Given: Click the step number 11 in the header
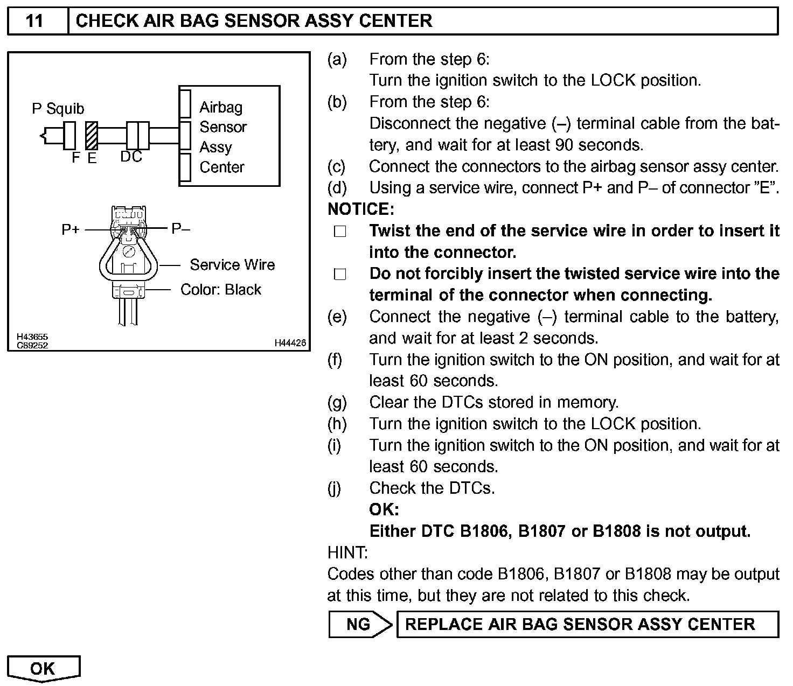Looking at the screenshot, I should click(34, 21).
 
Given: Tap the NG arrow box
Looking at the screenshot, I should click(359, 624).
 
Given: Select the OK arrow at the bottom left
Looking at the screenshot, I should click(43, 668).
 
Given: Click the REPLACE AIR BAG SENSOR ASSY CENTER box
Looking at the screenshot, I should click(587, 624).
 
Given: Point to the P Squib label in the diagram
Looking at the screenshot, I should click(58, 109).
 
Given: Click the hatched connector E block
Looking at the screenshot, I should click(92, 135).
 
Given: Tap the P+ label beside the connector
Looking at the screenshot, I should click(71, 229).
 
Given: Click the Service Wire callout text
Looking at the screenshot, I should click(232, 265).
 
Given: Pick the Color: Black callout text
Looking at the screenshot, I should click(220, 290).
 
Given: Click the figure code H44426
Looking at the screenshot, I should click(290, 342).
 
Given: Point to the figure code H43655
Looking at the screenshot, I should click(32, 337).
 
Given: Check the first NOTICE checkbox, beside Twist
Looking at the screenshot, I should click(339, 232).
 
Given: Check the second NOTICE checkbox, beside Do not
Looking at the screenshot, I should click(339, 275).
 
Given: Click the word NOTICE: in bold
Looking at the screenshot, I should click(361, 209).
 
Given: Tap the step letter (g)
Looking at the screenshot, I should click(337, 402).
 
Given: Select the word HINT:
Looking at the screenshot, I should click(347, 552).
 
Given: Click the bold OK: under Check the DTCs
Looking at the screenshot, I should click(384, 509).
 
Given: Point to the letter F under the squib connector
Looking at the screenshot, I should click(75, 157).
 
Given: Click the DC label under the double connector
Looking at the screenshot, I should click(131, 157).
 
